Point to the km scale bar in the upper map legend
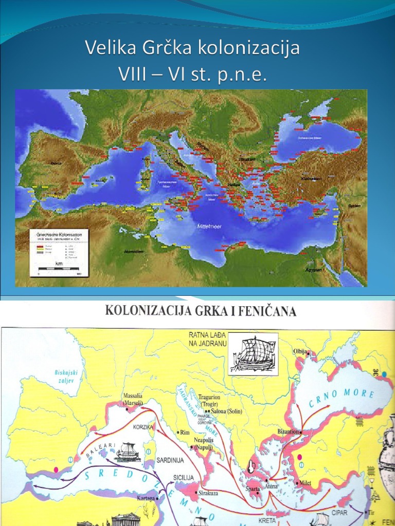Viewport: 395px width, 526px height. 59,268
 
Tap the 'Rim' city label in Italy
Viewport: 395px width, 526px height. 186,433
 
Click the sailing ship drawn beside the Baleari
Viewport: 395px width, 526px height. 128,452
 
